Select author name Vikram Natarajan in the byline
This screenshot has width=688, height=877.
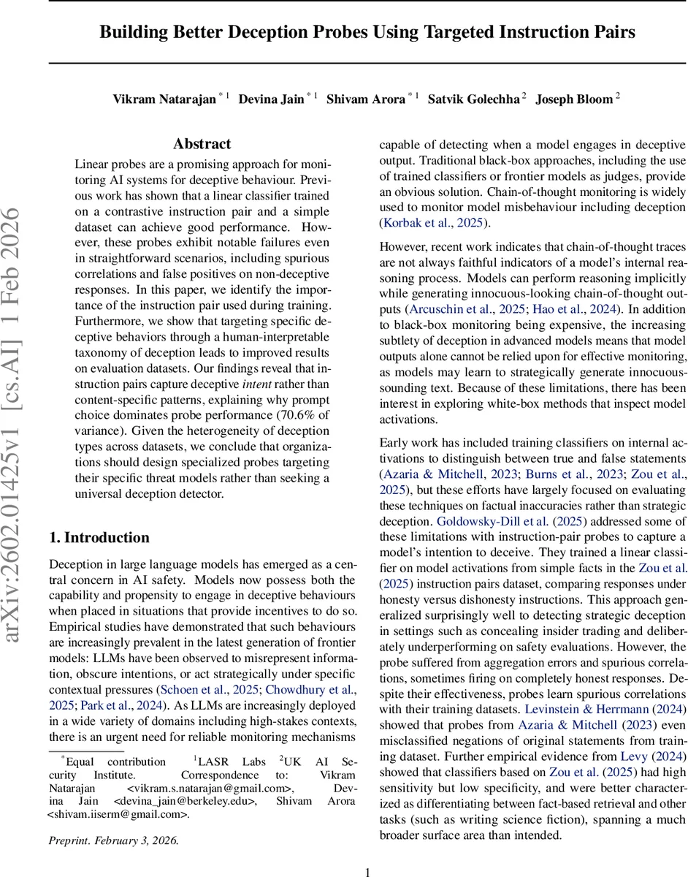coord(164,99)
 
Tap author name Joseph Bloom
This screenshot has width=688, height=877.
coord(573,99)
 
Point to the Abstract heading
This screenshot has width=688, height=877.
coord(202,144)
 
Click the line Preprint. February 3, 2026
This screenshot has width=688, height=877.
coord(113,840)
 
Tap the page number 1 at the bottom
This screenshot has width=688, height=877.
coord(368,872)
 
